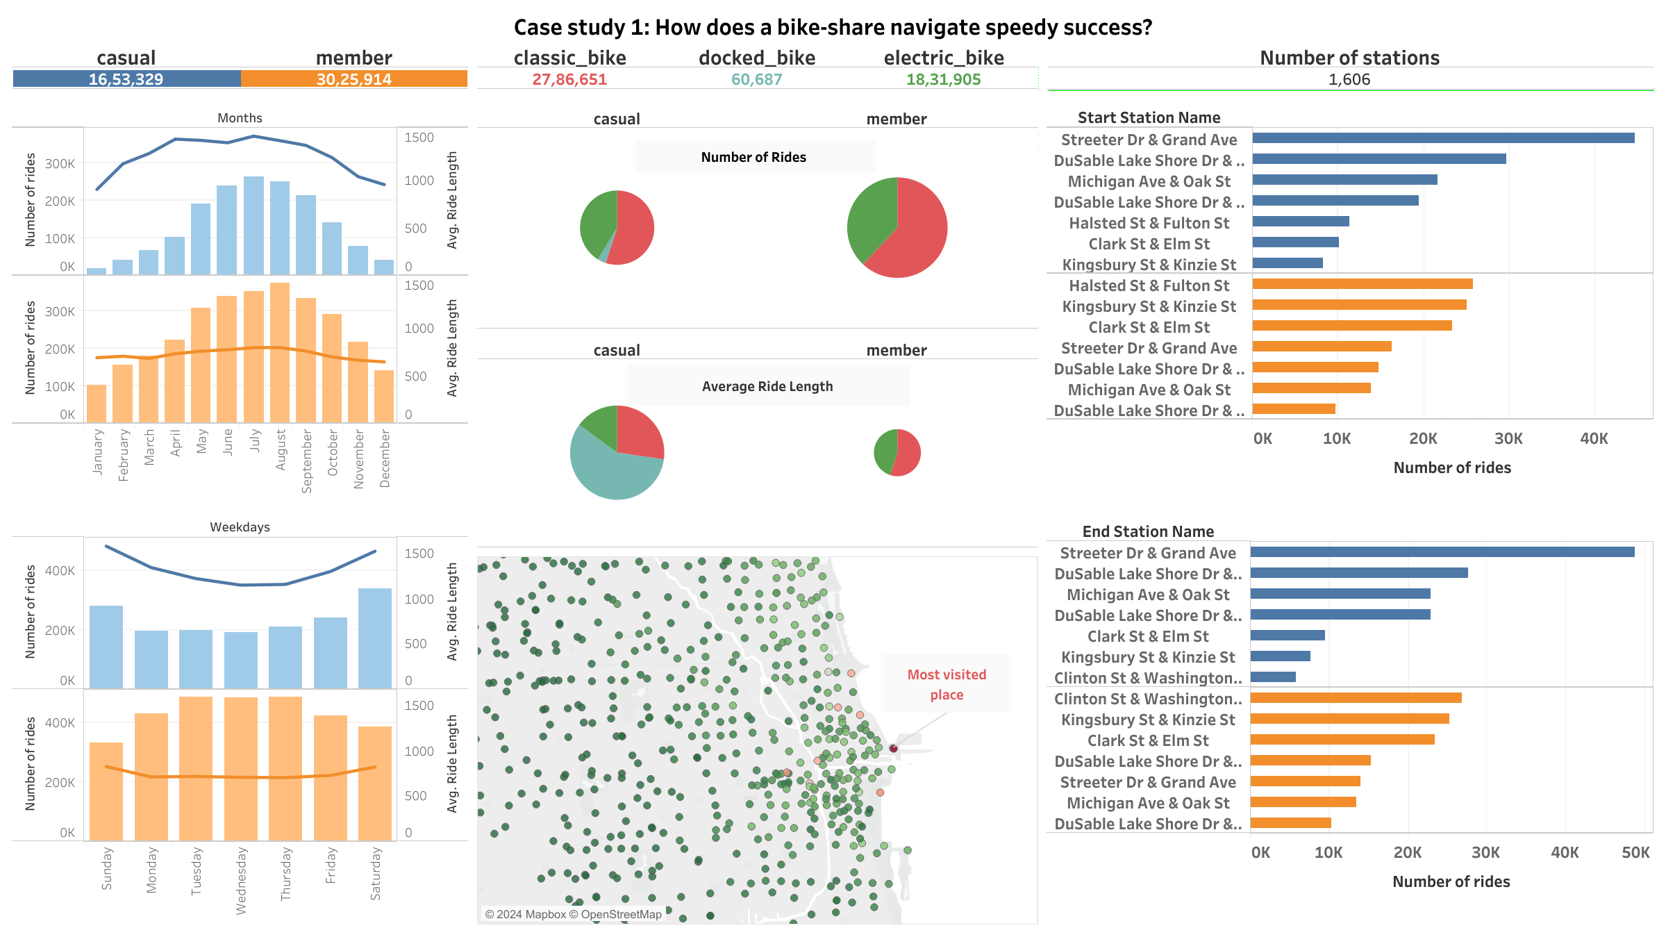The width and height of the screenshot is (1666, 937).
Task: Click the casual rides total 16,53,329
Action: [x=126, y=79]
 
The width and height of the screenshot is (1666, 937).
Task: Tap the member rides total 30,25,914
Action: [x=353, y=79]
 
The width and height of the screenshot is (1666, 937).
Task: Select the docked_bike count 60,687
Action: [x=756, y=79]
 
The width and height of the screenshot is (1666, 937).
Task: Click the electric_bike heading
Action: [x=943, y=58]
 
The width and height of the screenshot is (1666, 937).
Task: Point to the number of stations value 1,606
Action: [x=1349, y=79]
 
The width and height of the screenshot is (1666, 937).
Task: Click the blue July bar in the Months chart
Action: [x=253, y=225]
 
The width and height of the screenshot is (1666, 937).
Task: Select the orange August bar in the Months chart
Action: [x=280, y=352]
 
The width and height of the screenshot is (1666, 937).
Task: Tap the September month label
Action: [x=307, y=461]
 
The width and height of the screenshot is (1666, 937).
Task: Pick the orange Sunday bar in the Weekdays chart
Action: [x=106, y=791]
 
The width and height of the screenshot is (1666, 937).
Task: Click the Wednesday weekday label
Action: [x=241, y=880]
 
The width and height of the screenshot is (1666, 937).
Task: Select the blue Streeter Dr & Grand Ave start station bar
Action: [x=1442, y=138]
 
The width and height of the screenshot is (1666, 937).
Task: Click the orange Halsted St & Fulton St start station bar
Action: [x=1362, y=284]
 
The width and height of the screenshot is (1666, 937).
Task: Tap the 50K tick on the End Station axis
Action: [x=1635, y=852]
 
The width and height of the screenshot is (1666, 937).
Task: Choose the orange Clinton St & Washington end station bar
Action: [x=1356, y=698]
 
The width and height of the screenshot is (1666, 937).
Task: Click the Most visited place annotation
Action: [x=947, y=684]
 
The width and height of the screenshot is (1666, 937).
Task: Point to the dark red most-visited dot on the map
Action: [x=893, y=748]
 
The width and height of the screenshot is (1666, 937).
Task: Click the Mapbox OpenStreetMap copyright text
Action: [x=573, y=914]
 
